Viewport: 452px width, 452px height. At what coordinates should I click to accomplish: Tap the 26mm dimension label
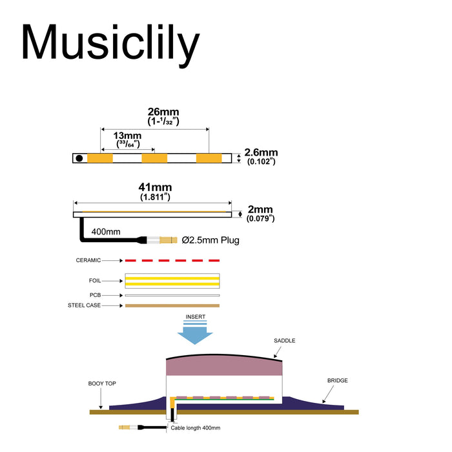(154, 112)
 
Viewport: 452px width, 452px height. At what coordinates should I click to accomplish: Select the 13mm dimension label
(127, 136)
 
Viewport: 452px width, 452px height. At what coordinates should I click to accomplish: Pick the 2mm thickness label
(260, 210)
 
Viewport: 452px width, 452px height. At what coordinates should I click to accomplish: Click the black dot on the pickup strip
(79, 158)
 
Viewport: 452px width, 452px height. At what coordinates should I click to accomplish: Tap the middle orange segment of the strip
(154, 158)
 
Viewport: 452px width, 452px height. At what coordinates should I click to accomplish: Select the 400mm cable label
(106, 231)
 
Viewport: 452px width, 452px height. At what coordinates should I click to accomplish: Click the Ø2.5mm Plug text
(211, 240)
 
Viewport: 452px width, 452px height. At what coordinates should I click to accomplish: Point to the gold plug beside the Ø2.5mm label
(167, 240)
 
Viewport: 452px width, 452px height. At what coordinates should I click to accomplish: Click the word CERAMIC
(88, 260)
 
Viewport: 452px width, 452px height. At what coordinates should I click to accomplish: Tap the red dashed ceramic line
(172, 260)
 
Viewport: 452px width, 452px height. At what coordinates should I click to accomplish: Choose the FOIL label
(95, 281)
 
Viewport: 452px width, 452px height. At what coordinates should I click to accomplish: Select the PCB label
(96, 295)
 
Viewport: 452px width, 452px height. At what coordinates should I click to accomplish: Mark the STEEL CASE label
(85, 305)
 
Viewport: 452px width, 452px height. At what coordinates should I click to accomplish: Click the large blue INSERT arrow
(196, 333)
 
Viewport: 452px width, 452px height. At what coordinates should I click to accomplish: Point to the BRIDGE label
(337, 380)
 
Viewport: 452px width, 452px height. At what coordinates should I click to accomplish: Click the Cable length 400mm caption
(196, 427)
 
